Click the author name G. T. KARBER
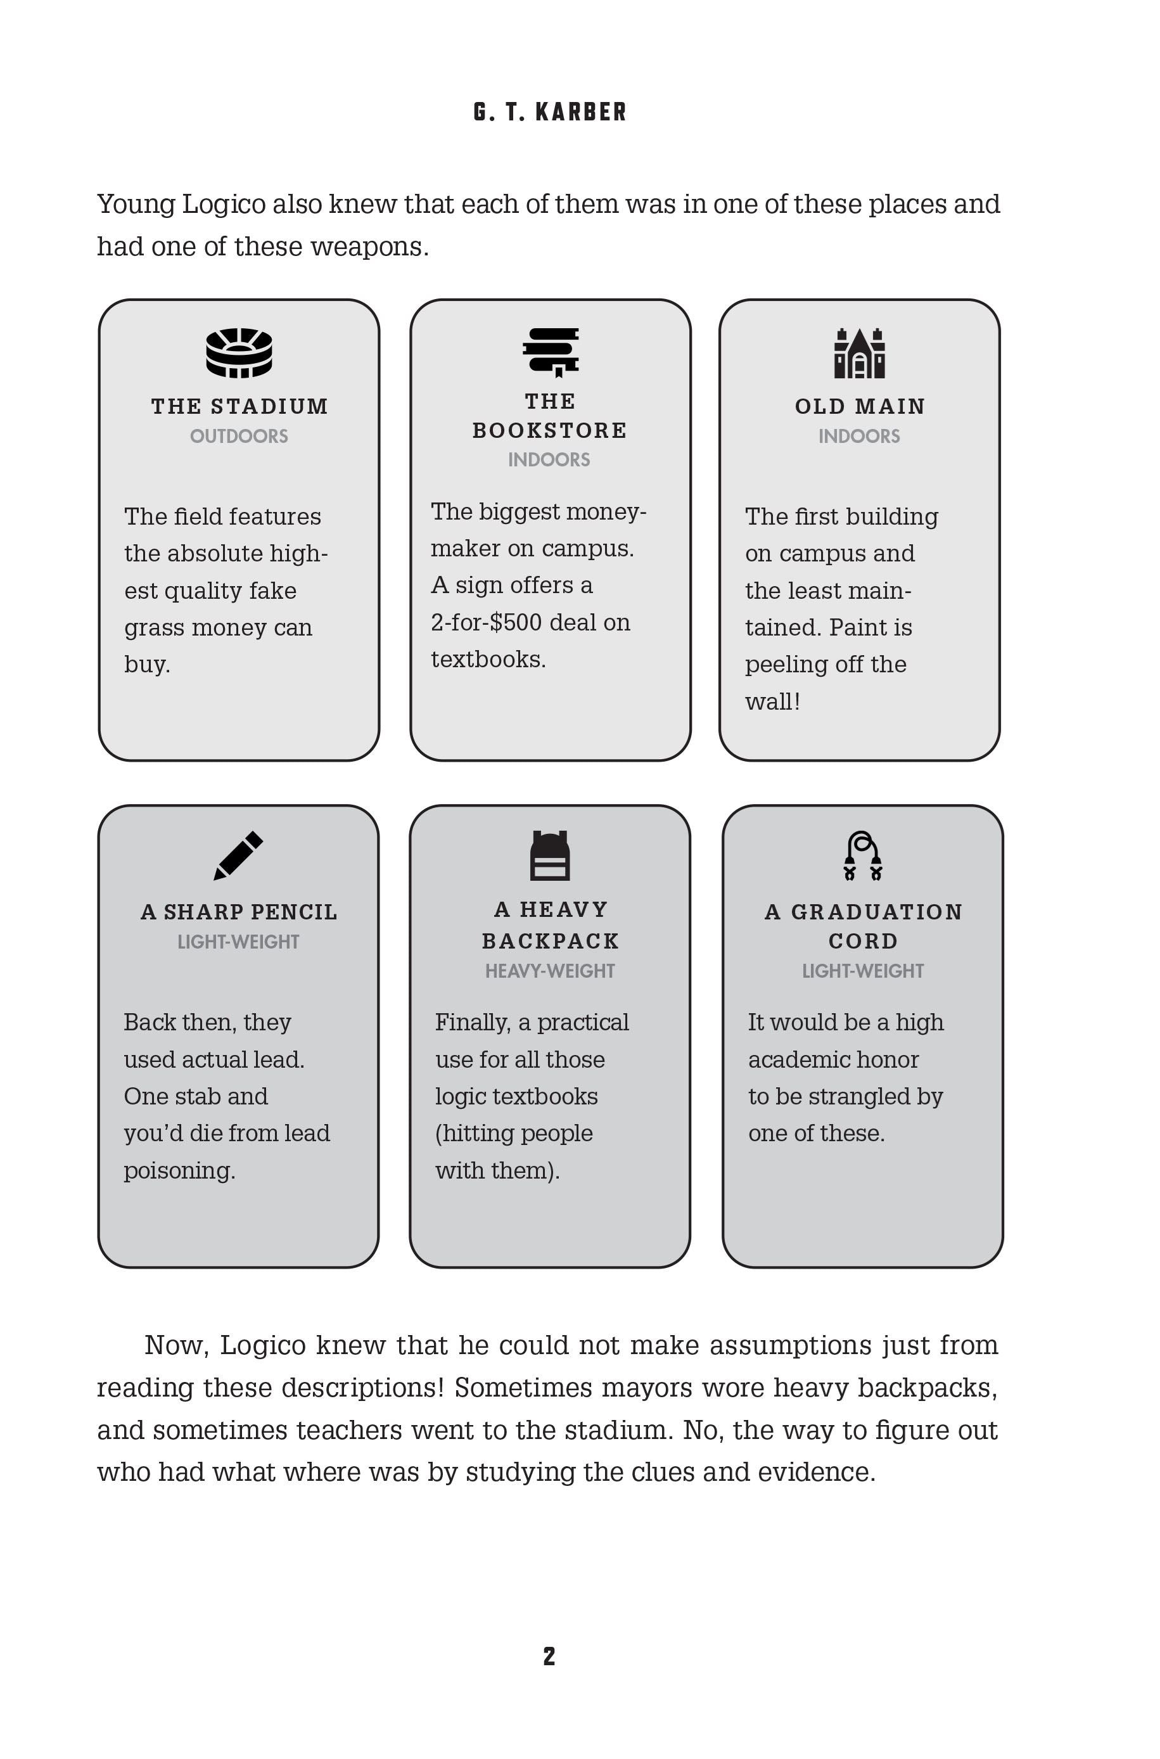550,112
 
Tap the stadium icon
239,353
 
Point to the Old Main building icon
860,353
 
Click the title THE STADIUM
239,406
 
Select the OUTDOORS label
239,437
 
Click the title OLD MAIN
860,406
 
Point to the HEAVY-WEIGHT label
550,971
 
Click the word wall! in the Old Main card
772,701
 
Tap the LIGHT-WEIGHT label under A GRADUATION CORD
863,971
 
